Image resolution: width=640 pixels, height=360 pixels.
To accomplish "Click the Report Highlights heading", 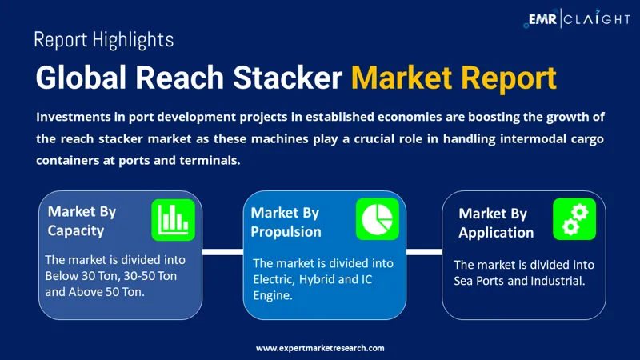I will coord(104,39).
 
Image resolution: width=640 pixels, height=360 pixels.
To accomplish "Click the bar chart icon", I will coord(173,219).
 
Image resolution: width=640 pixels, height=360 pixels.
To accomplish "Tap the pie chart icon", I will coord(377,218).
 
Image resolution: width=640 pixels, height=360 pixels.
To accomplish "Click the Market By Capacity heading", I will coord(82,221).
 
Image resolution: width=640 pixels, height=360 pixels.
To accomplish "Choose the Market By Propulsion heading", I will coord(286,222).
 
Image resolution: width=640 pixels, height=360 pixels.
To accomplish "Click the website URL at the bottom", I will coord(320,348).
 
